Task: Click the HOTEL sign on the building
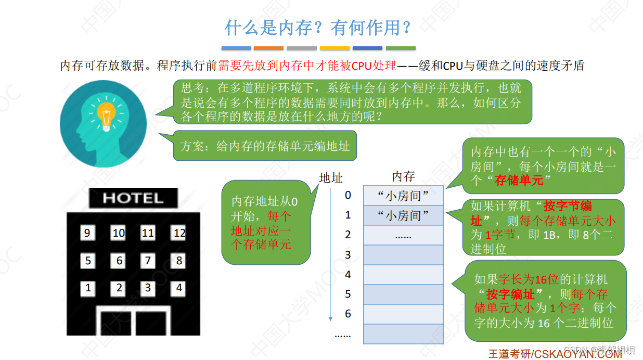(x=133, y=198)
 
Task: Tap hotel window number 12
(x=179, y=233)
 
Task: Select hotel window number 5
(x=88, y=260)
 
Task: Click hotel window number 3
(x=148, y=288)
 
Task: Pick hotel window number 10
(x=119, y=233)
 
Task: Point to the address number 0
(x=348, y=195)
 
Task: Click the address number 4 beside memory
(x=348, y=274)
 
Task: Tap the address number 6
(x=348, y=314)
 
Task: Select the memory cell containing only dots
(x=403, y=235)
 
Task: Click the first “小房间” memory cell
(x=403, y=196)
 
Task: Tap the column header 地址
(x=331, y=178)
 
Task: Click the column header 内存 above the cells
(x=403, y=176)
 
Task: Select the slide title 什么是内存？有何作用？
(x=318, y=28)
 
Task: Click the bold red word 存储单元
(x=519, y=180)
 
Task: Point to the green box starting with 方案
(x=265, y=146)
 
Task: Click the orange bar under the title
(x=268, y=48)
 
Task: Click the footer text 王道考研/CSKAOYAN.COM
(x=555, y=354)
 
